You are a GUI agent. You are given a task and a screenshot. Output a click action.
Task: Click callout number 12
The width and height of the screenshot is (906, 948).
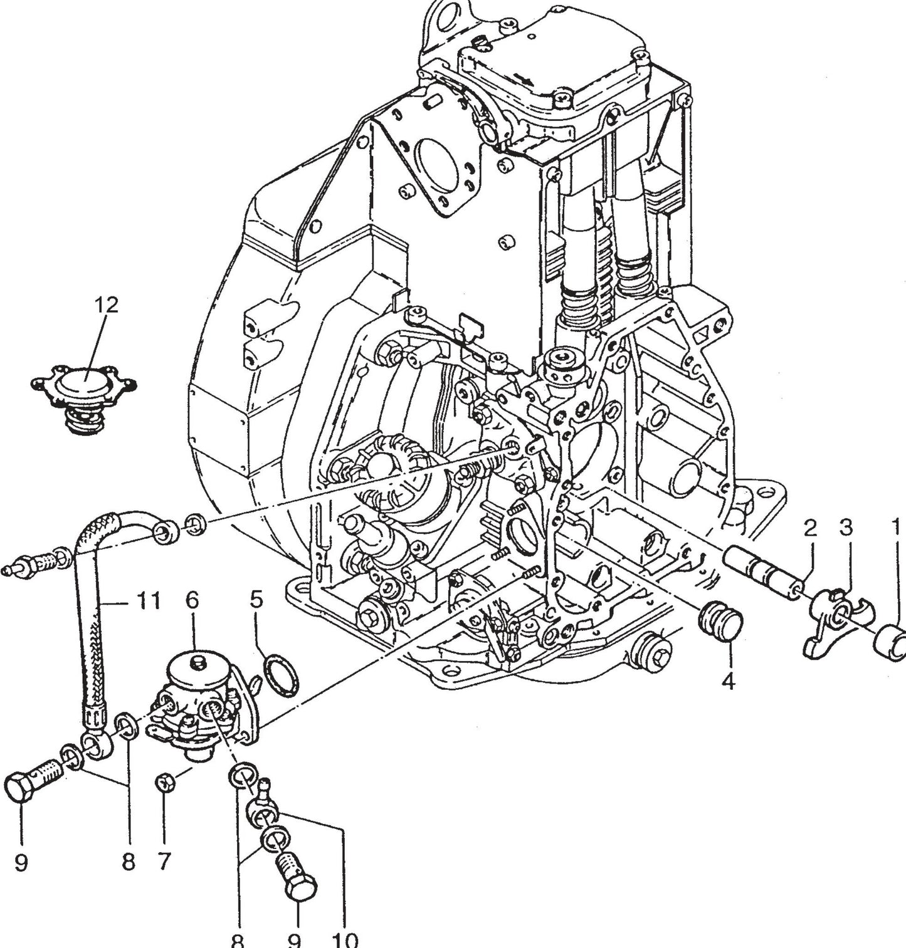(106, 305)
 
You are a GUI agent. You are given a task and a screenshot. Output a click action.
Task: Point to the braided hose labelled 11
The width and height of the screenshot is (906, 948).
(88, 627)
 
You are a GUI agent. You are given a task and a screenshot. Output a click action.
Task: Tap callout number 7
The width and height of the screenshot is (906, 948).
(164, 862)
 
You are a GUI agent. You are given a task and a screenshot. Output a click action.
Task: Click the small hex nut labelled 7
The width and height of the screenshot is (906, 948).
(165, 781)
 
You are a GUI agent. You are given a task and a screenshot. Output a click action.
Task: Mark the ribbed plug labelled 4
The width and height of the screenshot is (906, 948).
(720, 619)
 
